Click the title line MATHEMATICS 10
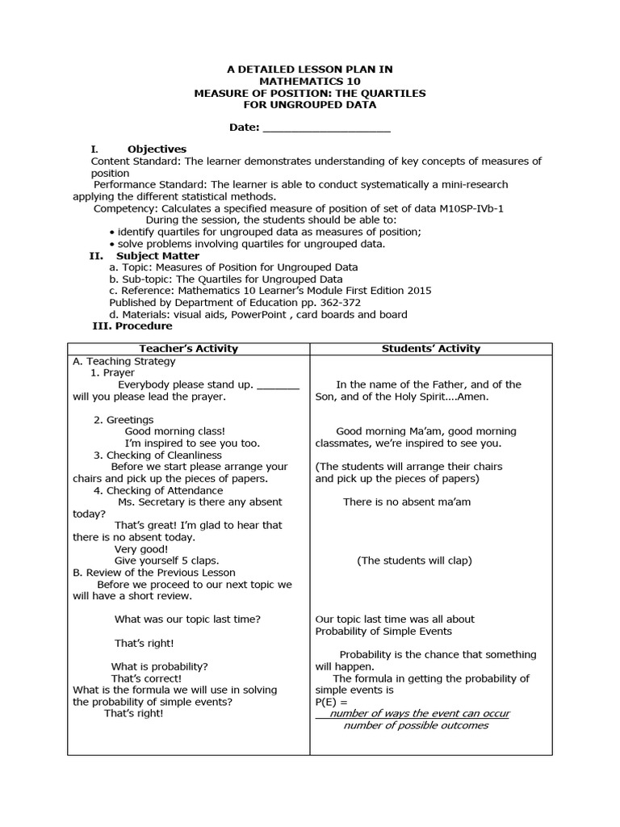click(309, 82)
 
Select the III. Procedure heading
click(133, 326)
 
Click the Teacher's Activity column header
click(189, 349)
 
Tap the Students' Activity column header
click(431, 349)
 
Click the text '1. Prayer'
click(113, 373)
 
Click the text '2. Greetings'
click(124, 420)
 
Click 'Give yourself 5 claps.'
click(166, 560)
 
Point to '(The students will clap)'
click(414, 560)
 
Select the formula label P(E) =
click(331, 703)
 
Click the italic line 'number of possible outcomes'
click(416, 725)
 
